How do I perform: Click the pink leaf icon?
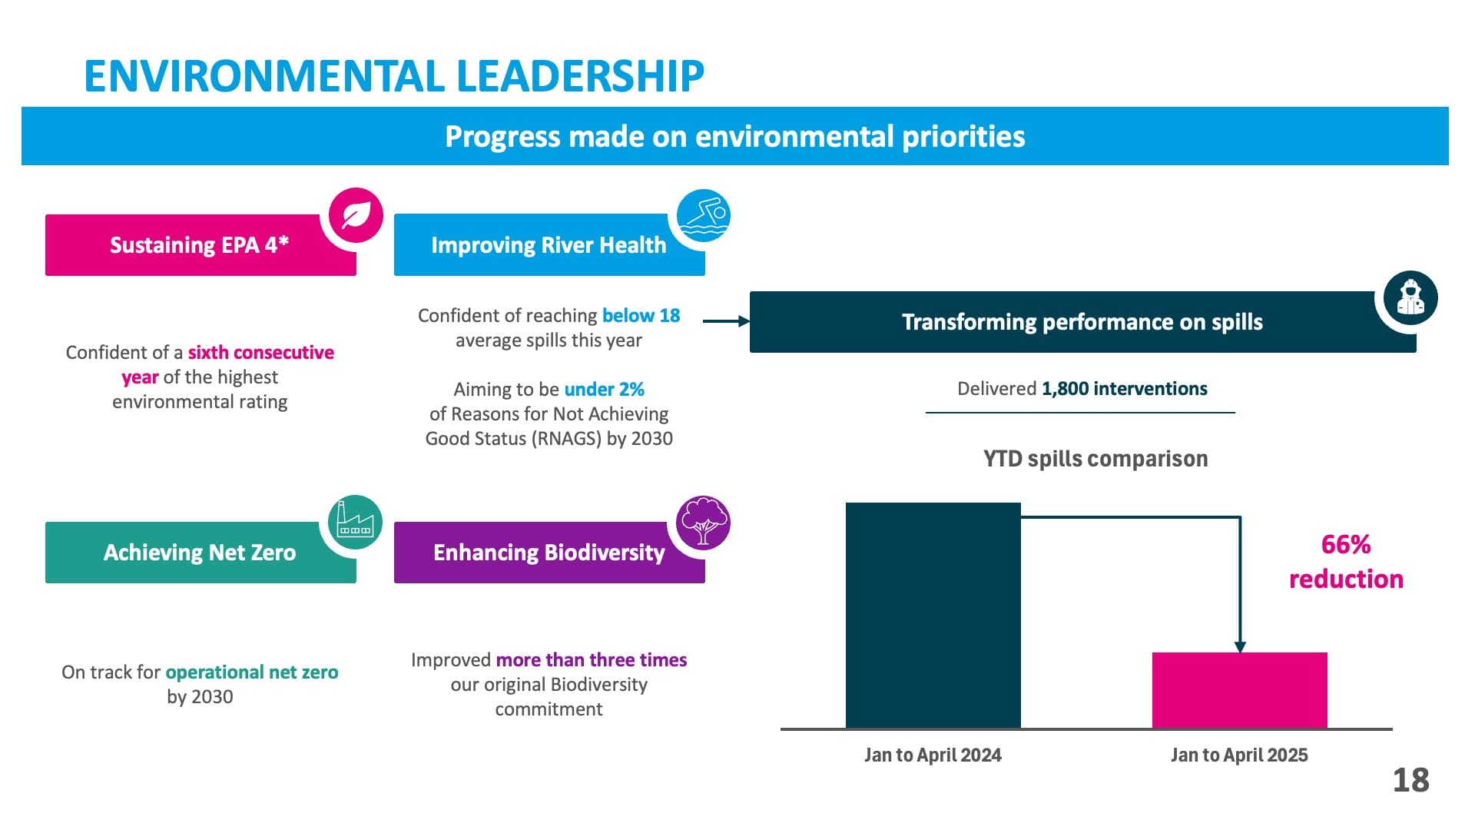coord(356,215)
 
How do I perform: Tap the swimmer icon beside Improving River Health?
coord(704,215)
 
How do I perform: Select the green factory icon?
coord(355,523)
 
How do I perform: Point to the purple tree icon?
coord(703,523)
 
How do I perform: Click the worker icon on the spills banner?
coord(1410,297)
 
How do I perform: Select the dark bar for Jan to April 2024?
coord(933,615)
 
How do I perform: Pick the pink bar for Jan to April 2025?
coord(1239,689)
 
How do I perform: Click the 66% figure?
coord(1346,545)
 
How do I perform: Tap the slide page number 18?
coord(1410,781)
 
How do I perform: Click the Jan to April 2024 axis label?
coord(933,755)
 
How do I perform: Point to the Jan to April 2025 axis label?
coord(1239,755)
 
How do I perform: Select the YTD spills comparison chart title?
coord(1095,459)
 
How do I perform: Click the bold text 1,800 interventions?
coord(1124,389)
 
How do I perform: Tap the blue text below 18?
coord(641,316)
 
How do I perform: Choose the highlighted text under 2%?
coord(604,390)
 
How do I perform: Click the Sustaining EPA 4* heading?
coord(200,245)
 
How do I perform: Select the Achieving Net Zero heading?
coord(200,553)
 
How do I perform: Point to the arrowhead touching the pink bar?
coord(1239,647)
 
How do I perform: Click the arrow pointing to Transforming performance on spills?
coord(726,321)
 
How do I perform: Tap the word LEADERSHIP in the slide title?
coord(580,76)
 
